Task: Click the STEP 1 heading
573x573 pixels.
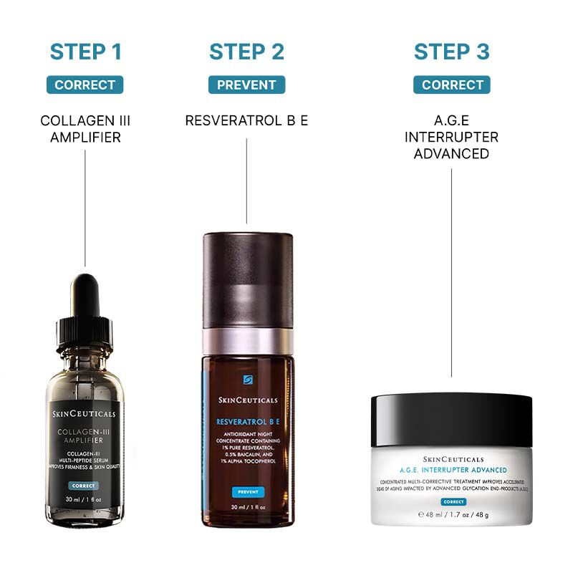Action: [85, 52]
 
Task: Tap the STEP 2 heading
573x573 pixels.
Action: [246, 52]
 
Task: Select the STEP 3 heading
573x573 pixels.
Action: [451, 52]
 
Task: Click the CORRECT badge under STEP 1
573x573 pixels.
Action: [85, 85]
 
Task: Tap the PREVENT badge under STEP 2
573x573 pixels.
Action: [246, 85]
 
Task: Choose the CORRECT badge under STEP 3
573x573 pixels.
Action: [451, 85]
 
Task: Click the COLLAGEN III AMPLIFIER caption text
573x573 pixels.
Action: [85, 128]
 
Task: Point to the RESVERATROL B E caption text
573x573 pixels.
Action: [246, 120]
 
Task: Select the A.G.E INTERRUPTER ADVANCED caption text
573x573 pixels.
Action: [451, 137]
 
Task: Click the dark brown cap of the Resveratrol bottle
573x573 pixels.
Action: [248, 279]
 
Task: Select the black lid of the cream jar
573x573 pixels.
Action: [451, 419]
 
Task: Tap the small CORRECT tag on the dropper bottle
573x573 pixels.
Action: [84, 486]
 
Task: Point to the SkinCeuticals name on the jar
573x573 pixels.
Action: [453, 459]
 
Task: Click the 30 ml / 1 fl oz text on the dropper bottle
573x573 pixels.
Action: [84, 499]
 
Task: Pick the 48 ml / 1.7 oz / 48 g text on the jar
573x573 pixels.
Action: [453, 515]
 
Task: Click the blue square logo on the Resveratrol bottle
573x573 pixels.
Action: [248, 380]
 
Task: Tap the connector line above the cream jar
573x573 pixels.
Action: [451, 272]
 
